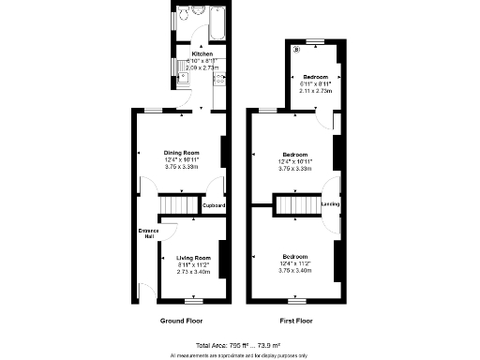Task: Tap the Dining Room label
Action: (183, 152)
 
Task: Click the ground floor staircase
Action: (176, 204)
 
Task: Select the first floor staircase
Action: (295, 204)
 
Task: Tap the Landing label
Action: (330, 204)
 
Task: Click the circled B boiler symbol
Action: (297, 49)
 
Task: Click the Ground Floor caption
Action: (182, 321)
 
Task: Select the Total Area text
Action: (239, 346)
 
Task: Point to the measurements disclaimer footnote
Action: (239, 355)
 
